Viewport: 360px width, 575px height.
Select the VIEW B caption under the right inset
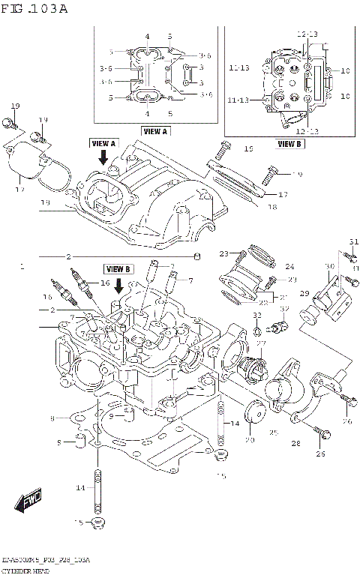click(x=289, y=143)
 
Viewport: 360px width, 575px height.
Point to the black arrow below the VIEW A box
click(x=103, y=157)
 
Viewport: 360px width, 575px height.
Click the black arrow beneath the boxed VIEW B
click(x=118, y=284)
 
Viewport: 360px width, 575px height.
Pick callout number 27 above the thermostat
click(x=262, y=343)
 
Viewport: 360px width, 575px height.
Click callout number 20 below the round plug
click(x=250, y=439)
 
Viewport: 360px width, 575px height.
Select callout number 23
click(x=223, y=255)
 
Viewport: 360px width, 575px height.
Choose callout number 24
click(x=289, y=267)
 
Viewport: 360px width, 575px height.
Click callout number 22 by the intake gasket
click(x=263, y=301)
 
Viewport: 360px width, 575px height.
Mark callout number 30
click(x=329, y=267)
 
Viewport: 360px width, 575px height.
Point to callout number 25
click(x=274, y=433)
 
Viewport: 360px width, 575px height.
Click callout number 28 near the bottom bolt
click(x=295, y=444)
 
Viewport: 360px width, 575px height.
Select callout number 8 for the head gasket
click(x=52, y=418)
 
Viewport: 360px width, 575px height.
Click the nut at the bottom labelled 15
click(x=97, y=522)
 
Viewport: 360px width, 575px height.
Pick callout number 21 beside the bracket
click(x=284, y=296)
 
